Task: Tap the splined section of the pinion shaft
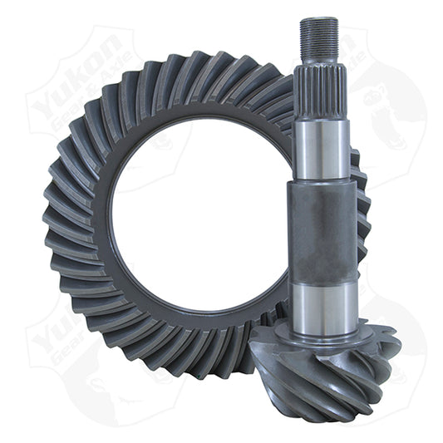pos(320,91)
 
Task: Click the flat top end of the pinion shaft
pos(318,19)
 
